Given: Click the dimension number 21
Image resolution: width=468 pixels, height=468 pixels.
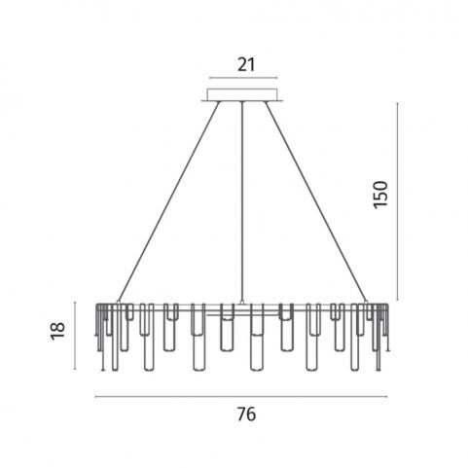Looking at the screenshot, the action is point(246,65).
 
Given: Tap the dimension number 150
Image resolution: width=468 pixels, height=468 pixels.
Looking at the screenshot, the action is point(380,195).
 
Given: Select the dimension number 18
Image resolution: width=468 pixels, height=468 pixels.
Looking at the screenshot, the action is point(57,331).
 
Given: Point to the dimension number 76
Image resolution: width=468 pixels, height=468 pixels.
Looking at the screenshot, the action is point(246,414).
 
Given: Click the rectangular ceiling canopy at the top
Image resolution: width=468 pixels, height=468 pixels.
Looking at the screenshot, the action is point(242,95).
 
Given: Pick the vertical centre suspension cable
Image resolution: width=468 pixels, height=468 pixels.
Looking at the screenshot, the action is point(242,202).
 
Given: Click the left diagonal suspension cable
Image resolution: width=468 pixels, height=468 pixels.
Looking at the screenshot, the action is point(169,201).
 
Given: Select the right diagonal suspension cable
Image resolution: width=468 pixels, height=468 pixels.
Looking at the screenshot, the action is point(316,201).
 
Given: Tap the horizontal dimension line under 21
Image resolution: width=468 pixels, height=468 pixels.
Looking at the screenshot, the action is point(243,78).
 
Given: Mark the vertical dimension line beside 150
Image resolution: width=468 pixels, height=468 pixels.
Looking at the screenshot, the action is point(397,201).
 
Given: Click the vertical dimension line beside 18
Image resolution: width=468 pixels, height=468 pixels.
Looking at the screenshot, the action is point(75,336).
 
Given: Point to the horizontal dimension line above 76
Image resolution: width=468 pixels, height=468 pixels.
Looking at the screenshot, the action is point(241,396).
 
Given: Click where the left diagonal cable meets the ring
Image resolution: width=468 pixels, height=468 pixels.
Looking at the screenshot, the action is point(118,302).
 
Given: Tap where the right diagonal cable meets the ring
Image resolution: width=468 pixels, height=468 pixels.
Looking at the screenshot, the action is point(367,302).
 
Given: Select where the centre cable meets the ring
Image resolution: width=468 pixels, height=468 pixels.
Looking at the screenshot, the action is point(242,303).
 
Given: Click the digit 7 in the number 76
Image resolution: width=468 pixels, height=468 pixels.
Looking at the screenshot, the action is point(242,414).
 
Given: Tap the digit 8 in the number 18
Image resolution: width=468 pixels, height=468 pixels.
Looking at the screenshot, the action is point(57,326).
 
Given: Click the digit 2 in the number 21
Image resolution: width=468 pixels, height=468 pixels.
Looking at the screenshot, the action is point(242,65).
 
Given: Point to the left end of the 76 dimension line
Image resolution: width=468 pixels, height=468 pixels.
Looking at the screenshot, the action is point(95,396).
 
